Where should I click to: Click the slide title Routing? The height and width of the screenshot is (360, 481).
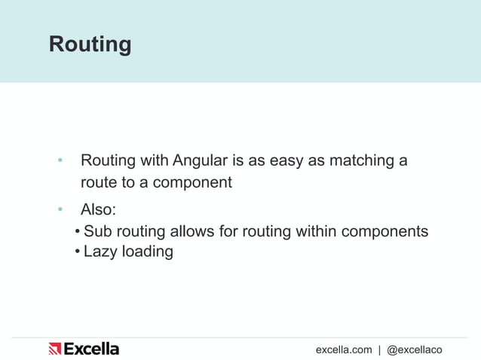coord(90,44)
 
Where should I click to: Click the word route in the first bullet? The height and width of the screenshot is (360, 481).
coord(99,182)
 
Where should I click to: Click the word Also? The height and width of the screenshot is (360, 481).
coord(98,209)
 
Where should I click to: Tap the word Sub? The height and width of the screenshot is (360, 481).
coord(97,230)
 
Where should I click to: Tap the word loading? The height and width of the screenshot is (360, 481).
coord(149,252)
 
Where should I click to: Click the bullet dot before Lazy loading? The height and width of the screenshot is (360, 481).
coord(78,252)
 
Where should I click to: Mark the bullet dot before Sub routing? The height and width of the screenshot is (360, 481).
coord(78,230)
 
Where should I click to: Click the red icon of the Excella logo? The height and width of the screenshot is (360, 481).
coord(54,349)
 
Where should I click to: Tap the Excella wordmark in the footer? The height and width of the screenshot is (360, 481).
coord(91,349)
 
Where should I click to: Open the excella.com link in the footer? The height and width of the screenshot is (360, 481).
coord(344,349)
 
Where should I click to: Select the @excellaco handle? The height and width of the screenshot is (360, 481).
coord(414,349)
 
